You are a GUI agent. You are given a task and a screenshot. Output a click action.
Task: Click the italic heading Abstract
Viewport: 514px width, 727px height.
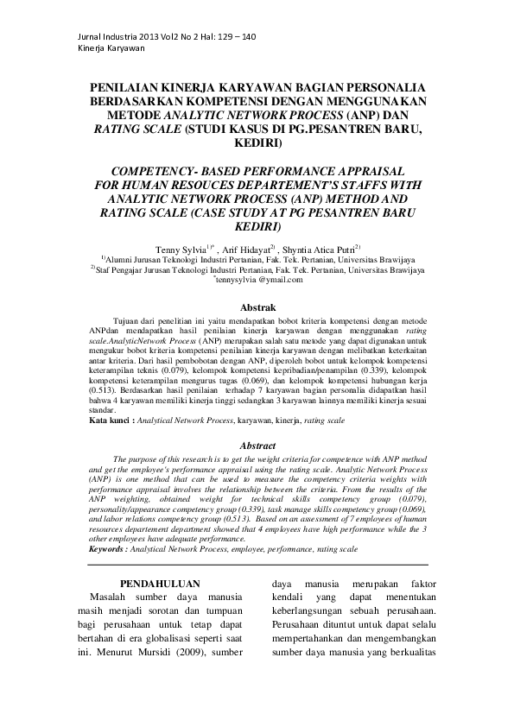[257, 446]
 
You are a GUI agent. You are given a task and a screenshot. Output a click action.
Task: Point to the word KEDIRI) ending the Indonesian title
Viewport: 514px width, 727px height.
[257, 142]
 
